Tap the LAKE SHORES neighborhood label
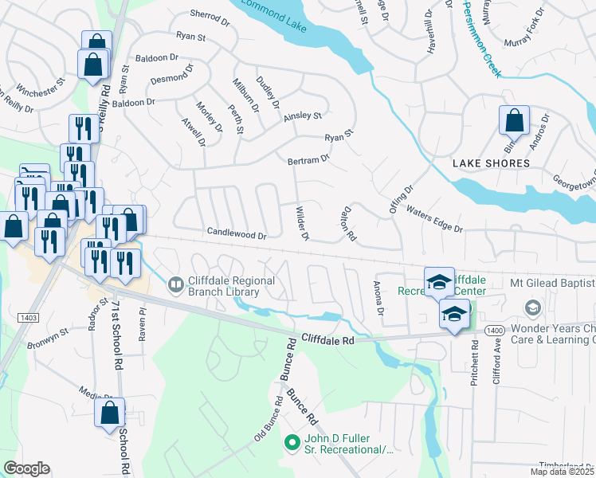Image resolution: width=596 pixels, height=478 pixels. (x=491, y=163)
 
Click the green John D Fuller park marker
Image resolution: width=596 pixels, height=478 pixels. (x=292, y=441)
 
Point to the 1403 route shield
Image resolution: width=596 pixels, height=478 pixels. (x=27, y=318)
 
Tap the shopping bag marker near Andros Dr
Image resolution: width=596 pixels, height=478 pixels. (x=514, y=121)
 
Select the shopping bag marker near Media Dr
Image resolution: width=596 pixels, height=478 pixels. (x=110, y=413)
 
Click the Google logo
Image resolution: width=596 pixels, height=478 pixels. (x=27, y=468)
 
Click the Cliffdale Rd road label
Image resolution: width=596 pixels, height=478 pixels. (x=327, y=339)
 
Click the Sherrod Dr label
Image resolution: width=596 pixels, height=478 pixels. (x=210, y=14)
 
